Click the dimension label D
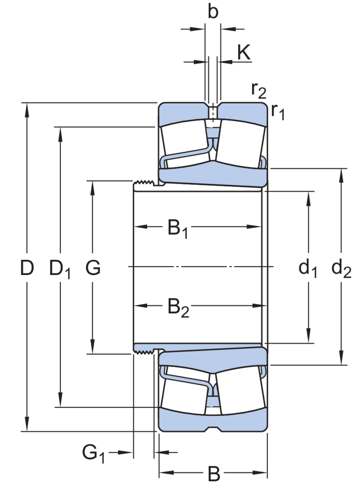tap(27, 269)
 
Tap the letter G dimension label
tap(93, 269)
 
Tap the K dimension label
tap(243, 53)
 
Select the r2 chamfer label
tap(260, 91)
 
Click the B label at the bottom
tap(215, 474)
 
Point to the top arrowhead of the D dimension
tap(28, 108)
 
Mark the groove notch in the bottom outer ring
tap(213, 428)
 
